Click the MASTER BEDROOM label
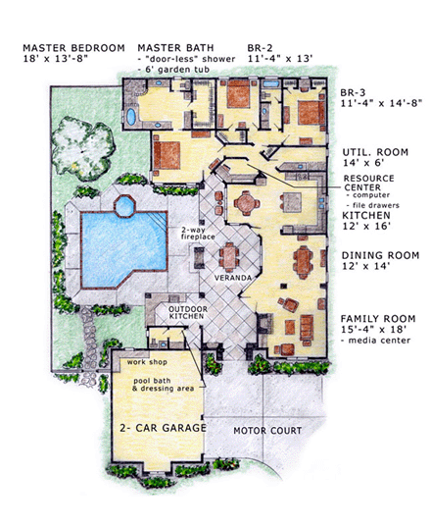pos(73,48)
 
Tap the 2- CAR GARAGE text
pos(163,428)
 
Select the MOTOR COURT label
pos(267,431)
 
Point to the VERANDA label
pos(233,278)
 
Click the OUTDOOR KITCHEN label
pos(188,312)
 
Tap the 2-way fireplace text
pos(198,234)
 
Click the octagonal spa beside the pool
pos(124,206)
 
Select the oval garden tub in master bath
pos(131,117)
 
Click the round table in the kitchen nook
pos(247,203)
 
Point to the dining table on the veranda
pos(229,257)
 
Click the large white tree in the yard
pos(82,147)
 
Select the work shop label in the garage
pos(147,362)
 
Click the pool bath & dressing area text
pos(164,385)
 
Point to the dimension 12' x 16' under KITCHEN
pos(366,227)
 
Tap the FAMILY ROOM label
pos(378,319)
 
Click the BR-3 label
pos(353,92)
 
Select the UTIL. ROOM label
pos(375,152)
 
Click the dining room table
pos(304,262)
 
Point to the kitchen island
pos(292,202)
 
